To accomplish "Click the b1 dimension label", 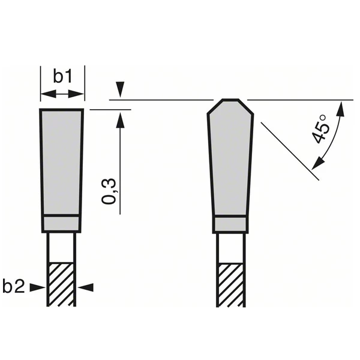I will coord(62,76).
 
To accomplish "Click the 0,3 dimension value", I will coord(109,191).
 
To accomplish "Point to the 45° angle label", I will coord(321,127).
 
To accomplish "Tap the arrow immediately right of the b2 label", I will coord(37,287).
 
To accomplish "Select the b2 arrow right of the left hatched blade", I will coord(85,287).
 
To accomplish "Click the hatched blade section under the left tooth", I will coord(61,284).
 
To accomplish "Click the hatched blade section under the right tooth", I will coord(231,284).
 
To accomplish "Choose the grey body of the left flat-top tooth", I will coord(61,162).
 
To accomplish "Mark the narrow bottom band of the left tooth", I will coord(61,223).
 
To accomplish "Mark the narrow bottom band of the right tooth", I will coord(231,224).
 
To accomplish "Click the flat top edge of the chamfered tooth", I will coord(231,99).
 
